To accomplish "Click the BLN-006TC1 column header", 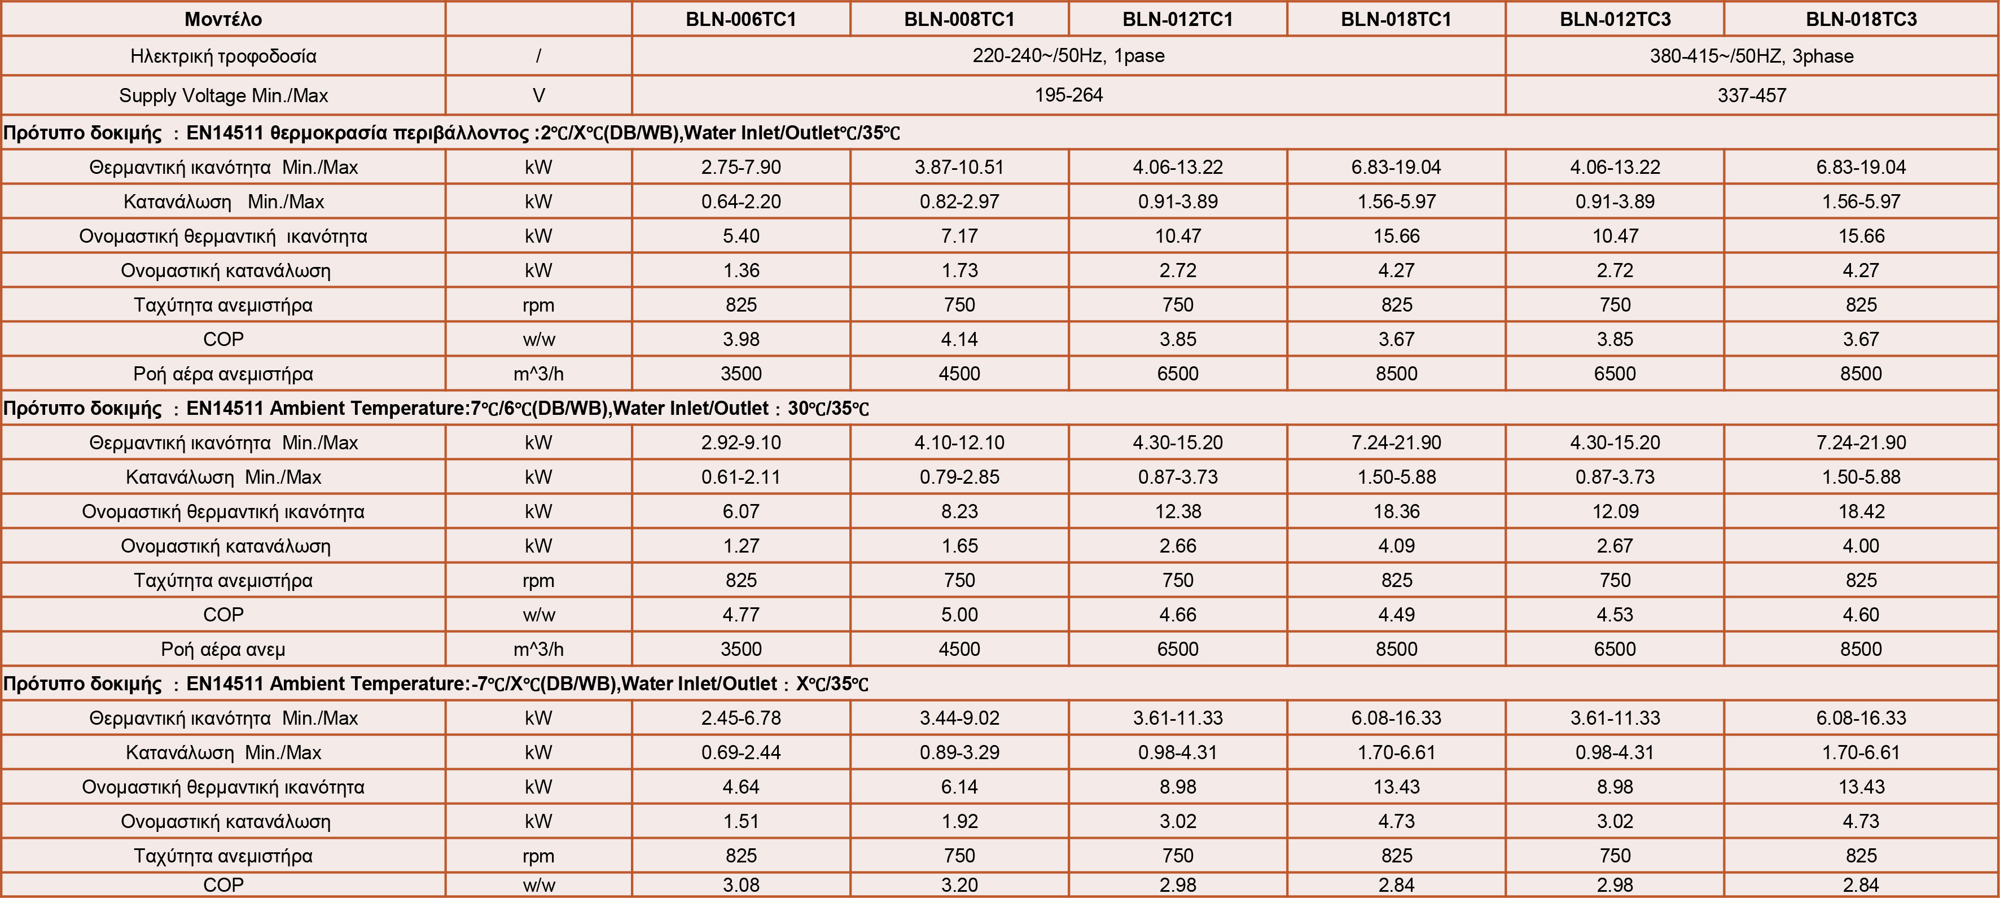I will click(x=740, y=19).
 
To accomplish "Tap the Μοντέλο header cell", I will click(x=223, y=19).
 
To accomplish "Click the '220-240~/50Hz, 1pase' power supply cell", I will click(x=1068, y=56).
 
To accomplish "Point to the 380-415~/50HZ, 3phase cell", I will click(x=1752, y=56).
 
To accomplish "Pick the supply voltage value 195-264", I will click(x=1068, y=95).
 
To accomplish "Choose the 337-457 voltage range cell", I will click(x=1752, y=95).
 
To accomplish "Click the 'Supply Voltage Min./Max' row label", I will click(x=223, y=95).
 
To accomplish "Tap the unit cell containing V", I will click(x=538, y=95).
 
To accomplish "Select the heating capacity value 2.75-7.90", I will click(x=740, y=167).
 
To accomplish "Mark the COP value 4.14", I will click(x=959, y=339).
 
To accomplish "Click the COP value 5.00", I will click(x=959, y=615).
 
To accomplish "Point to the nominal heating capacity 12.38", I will click(x=1178, y=511).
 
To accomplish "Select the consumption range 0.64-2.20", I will click(x=740, y=201).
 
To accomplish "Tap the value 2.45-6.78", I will click(x=740, y=718).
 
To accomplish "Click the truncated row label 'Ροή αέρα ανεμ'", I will click(x=223, y=649).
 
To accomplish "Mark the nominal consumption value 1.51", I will click(x=740, y=821).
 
